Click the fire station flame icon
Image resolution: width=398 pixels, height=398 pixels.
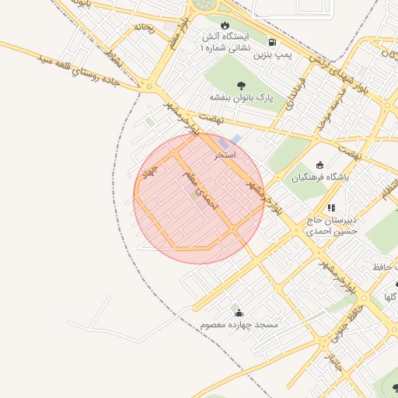click(225, 25)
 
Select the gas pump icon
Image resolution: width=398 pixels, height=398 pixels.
click(271, 42)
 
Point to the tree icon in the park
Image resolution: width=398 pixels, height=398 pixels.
click(239, 85)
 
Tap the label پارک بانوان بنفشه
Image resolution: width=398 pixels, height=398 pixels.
click(243, 98)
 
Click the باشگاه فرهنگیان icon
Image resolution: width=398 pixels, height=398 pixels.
click(319, 164)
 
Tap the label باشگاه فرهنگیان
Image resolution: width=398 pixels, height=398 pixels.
click(321, 177)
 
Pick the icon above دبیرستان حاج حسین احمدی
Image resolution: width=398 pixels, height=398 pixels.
click(332, 208)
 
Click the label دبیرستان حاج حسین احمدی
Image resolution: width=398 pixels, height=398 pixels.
click(331, 225)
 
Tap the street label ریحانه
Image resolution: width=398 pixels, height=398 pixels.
click(144, 29)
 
